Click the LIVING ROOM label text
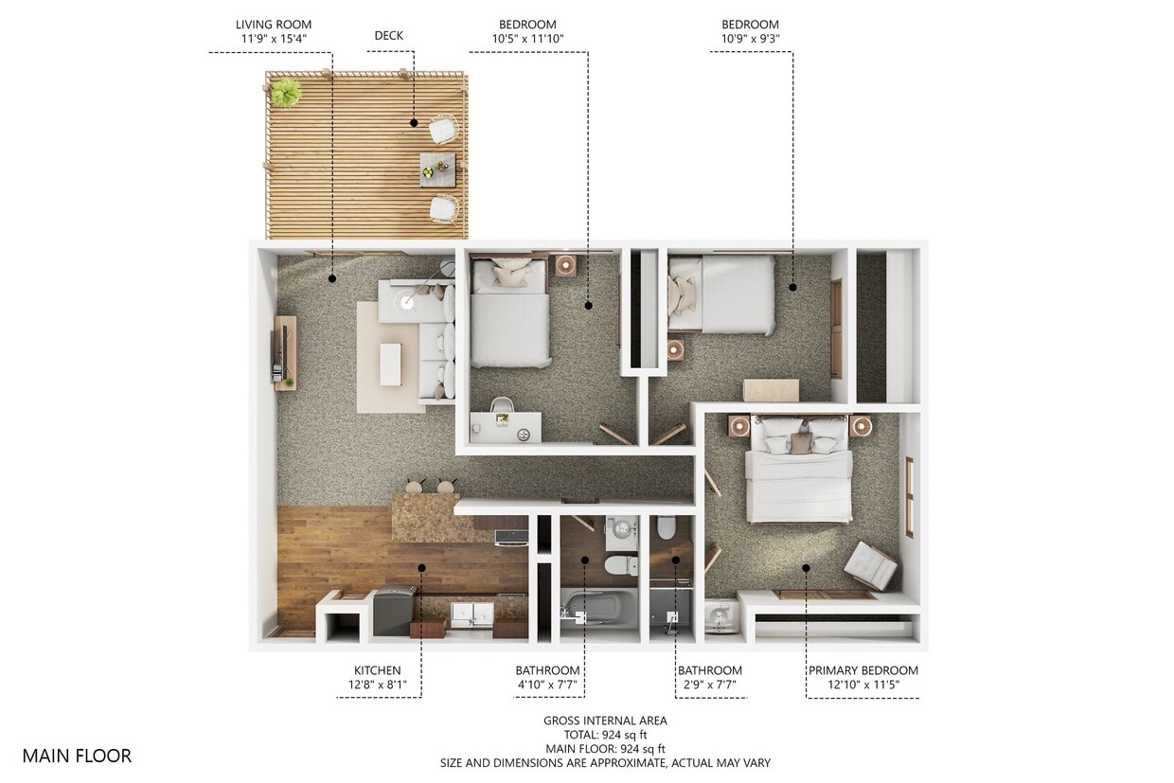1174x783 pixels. coord(273,25)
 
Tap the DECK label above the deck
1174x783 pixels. coord(388,36)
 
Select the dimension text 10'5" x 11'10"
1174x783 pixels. coord(527,39)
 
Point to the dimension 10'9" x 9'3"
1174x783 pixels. coord(750,39)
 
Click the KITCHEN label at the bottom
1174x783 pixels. coord(377,670)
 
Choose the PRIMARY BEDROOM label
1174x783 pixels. coord(863,670)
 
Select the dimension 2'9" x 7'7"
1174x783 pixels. coord(709,685)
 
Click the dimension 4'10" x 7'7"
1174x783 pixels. coord(546,685)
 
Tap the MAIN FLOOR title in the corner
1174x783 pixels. coord(77,756)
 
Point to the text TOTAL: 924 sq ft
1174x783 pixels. coord(605,735)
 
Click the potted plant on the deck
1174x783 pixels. coord(285,93)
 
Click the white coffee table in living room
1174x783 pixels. coord(390,365)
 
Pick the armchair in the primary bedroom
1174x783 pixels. coord(870,565)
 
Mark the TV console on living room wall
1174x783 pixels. coord(284,352)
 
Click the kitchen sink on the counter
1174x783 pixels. coord(471,614)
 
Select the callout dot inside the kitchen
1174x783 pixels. coord(422,569)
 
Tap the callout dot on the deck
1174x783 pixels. coord(414,122)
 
